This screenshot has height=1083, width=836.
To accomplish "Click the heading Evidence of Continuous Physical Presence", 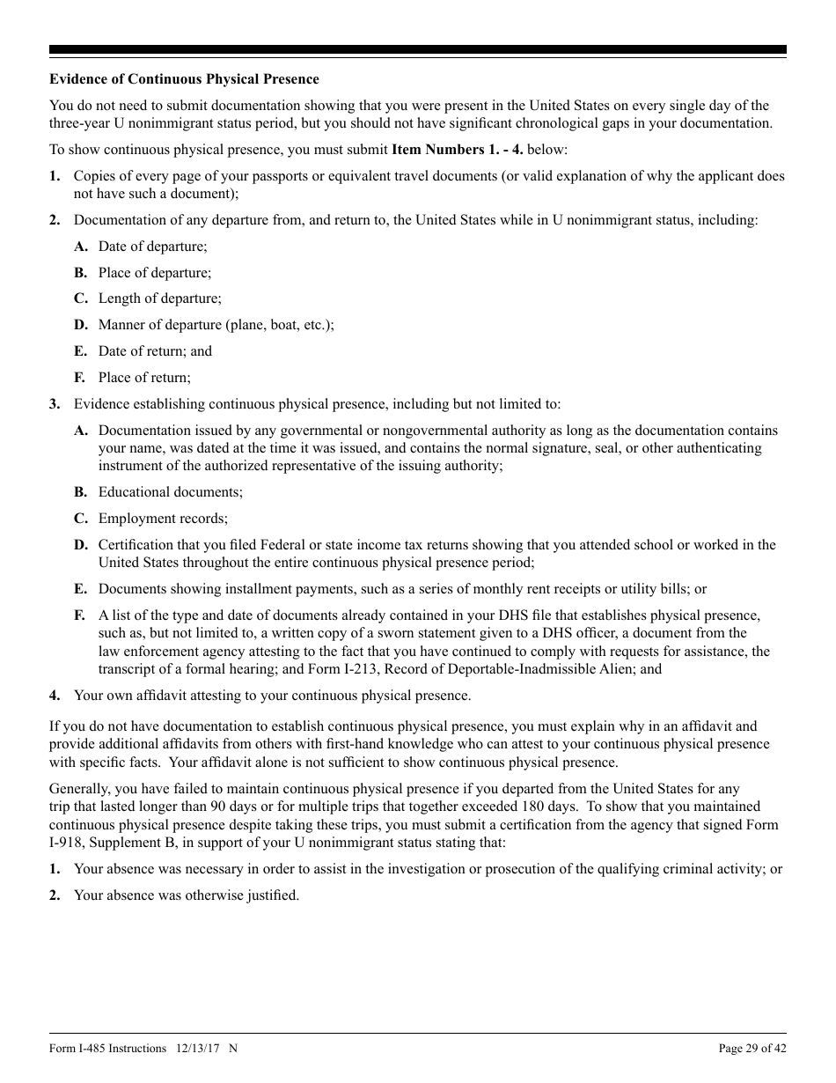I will (184, 79).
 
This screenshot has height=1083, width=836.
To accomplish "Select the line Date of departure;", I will (152, 247).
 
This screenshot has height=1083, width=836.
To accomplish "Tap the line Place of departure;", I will (154, 273).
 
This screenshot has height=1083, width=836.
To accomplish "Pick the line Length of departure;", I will (159, 298).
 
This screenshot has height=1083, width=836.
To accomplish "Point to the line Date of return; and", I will (155, 351).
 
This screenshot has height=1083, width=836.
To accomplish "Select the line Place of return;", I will (143, 378).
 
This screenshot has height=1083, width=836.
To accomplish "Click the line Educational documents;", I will (170, 492).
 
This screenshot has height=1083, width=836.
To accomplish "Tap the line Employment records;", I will (163, 519).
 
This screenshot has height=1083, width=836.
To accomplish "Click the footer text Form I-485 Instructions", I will (108, 1048).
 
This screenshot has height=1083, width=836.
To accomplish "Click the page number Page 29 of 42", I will (752, 1048).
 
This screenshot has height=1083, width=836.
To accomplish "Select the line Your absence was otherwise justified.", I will (187, 895).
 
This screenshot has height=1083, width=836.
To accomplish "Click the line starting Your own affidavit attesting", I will (272, 696).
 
